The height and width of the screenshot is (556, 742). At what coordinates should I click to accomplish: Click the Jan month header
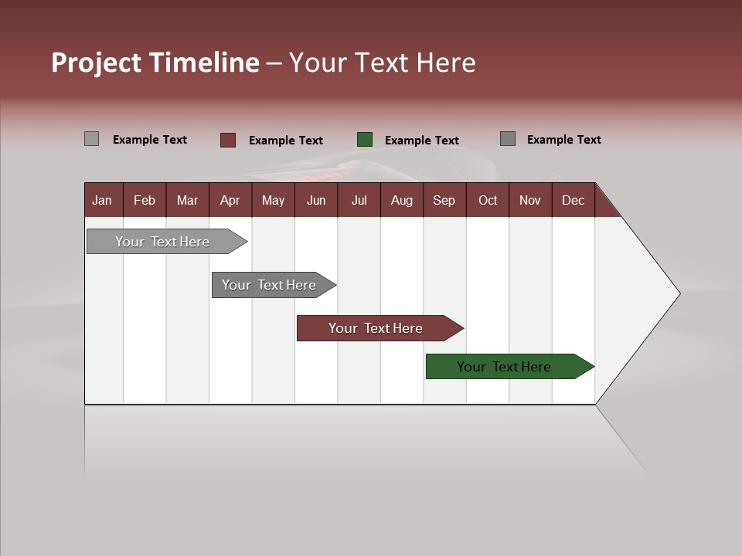(102, 200)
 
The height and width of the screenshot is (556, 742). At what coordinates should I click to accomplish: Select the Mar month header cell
(187, 200)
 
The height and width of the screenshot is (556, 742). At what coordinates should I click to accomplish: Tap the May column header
(273, 200)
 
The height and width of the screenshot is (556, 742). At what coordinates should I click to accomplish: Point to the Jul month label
(359, 200)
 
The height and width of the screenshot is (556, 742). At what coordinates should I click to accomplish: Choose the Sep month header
(444, 200)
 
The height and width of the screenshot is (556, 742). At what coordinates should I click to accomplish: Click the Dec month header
(573, 200)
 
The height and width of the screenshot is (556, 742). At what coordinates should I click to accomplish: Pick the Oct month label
(488, 200)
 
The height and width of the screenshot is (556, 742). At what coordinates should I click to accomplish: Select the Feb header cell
(145, 200)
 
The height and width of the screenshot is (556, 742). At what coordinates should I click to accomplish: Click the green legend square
(365, 139)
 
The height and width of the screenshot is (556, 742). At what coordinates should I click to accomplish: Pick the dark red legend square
(228, 140)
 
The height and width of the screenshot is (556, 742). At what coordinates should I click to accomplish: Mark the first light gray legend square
(92, 139)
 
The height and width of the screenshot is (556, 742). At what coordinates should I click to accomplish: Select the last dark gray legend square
(508, 139)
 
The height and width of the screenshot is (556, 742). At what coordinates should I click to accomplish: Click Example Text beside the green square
(421, 141)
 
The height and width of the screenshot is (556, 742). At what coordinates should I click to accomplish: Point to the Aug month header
(401, 200)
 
